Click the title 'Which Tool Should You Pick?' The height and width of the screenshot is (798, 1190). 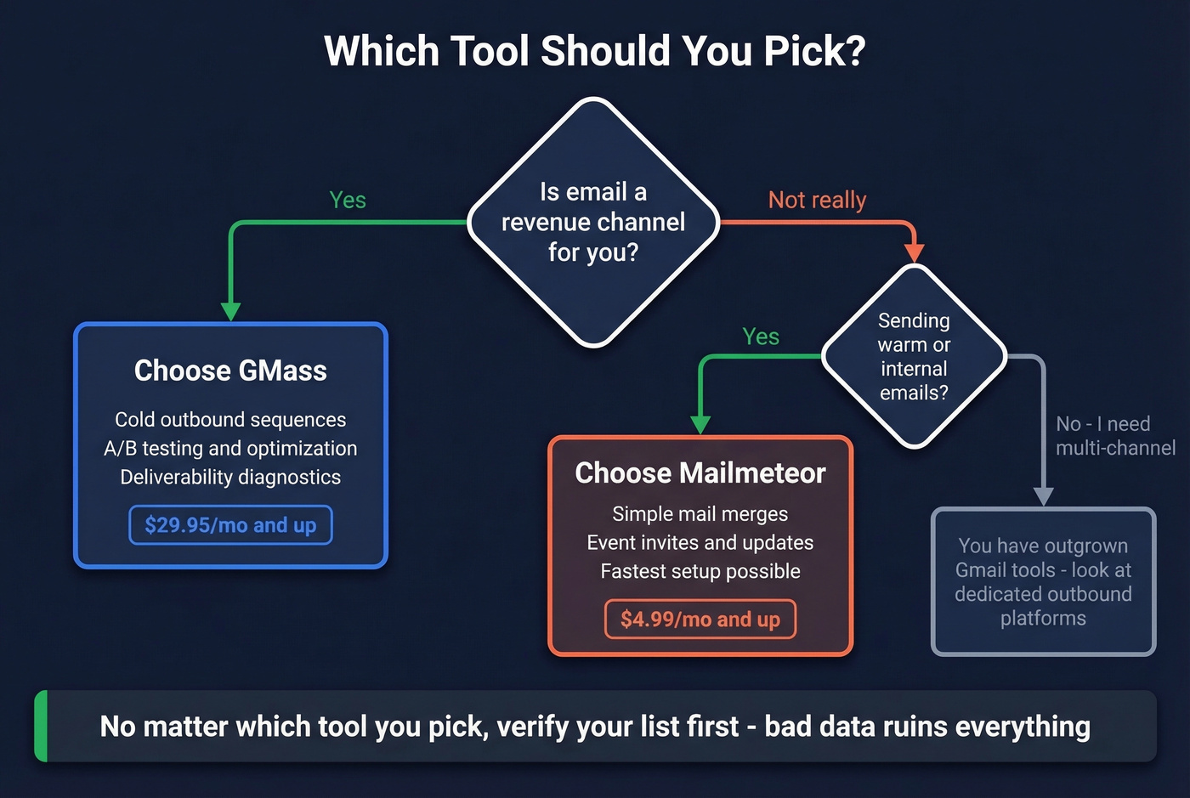tap(594, 51)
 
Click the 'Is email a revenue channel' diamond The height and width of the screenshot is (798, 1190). tap(593, 222)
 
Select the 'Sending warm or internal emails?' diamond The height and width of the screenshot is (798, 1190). tap(914, 356)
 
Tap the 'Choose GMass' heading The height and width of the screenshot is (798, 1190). tap(230, 371)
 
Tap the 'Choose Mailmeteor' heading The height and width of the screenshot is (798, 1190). tap(700, 473)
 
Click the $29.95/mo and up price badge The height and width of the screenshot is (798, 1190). tap(230, 525)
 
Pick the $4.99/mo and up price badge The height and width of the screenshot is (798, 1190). tap(700, 619)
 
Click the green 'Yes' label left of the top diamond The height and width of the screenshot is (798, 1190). tap(348, 200)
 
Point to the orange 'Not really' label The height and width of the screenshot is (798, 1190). tap(817, 200)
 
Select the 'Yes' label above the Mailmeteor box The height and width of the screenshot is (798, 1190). tap(760, 337)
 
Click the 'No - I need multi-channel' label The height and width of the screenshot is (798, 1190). tap(1114, 436)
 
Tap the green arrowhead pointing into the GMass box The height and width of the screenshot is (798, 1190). tap(230, 311)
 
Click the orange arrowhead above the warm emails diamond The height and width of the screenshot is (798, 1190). tap(914, 252)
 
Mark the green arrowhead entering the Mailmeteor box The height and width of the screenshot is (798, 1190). tap(700, 424)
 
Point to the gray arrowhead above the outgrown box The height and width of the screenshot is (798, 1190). tap(1043, 496)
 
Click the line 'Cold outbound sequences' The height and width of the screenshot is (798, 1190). tap(230, 420)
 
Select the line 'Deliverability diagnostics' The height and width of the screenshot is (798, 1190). tap(230, 478)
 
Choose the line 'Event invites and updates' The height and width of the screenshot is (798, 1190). tap(700, 542)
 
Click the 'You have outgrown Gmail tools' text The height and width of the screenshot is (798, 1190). tap(1043, 581)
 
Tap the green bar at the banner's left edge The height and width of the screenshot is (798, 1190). tap(41, 726)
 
